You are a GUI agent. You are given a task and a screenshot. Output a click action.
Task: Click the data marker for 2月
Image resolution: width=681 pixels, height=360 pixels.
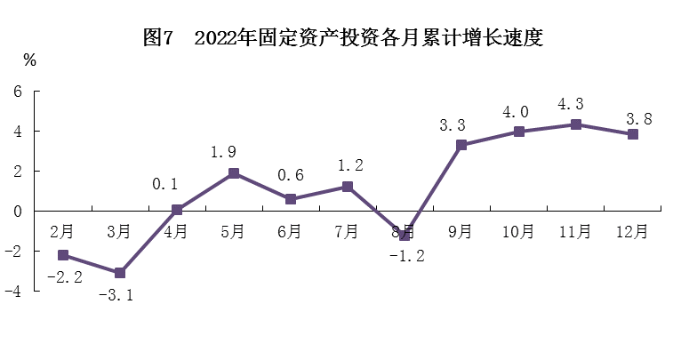(x=63, y=255)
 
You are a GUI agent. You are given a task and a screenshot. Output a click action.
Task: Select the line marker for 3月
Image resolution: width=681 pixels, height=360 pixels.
(x=120, y=273)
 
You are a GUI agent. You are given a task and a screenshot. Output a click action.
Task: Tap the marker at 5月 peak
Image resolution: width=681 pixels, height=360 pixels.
(x=234, y=173)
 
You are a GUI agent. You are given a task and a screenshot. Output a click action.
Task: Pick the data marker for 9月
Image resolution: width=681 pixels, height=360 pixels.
(x=461, y=145)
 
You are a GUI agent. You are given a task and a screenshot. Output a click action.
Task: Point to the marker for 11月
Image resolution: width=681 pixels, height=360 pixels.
(x=575, y=124)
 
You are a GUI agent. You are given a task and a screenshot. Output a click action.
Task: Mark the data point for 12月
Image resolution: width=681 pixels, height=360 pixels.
(x=632, y=134)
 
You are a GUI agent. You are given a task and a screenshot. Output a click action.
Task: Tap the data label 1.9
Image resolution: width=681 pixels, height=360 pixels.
(x=224, y=153)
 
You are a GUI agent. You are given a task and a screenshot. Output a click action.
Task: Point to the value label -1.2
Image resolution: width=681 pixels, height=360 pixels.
(x=407, y=256)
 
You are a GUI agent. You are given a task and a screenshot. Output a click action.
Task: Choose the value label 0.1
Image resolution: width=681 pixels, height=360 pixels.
(x=165, y=185)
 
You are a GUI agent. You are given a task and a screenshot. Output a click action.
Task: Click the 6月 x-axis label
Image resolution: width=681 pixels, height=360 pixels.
(x=290, y=232)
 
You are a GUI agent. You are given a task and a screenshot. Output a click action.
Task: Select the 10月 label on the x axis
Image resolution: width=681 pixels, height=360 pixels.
(x=517, y=232)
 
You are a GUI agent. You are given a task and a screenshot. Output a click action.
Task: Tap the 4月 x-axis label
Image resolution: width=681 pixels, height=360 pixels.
(x=176, y=232)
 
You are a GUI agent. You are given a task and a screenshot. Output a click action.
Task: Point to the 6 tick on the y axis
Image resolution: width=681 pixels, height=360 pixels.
(x=17, y=92)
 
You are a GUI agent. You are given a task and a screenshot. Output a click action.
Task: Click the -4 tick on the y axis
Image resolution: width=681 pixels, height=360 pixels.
(x=13, y=292)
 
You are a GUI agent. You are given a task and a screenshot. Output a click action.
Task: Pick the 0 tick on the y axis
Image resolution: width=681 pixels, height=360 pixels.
(x=17, y=212)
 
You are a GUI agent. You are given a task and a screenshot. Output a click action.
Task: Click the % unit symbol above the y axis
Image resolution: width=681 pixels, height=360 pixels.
(x=29, y=60)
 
